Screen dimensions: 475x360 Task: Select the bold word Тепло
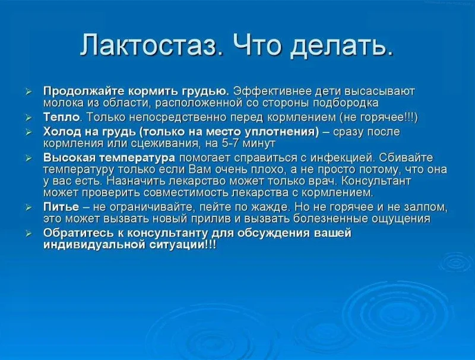click(62, 117)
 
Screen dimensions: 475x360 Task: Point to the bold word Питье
click(61, 207)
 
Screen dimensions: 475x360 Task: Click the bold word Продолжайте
click(84, 91)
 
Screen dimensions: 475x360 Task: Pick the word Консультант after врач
click(376, 181)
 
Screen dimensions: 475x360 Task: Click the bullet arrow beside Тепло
click(28, 118)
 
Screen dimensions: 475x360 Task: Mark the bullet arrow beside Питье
click(28, 207)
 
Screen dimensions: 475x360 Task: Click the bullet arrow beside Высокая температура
click(28, 159)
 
